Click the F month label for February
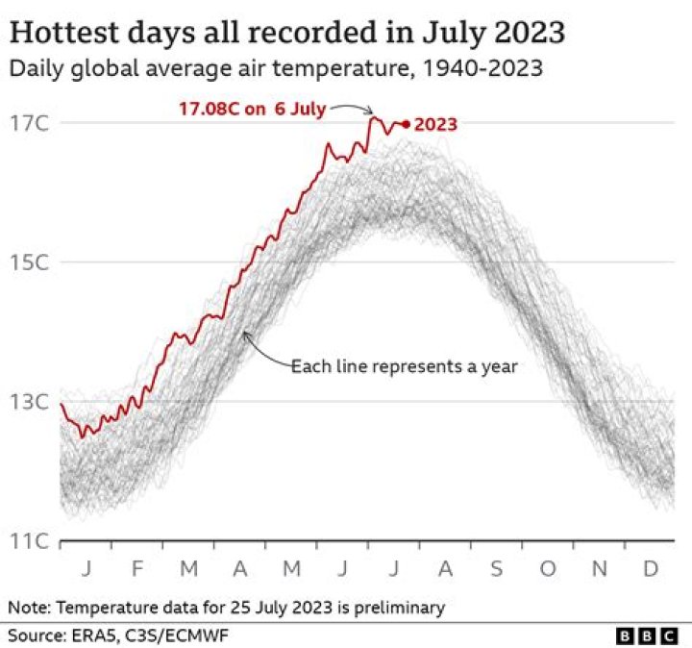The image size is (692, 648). (136, 569)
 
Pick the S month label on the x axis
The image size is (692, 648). (496, 569)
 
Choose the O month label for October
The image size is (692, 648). (548, 569)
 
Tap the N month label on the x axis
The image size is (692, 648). (599, 569)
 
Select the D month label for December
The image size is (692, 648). (650, 569)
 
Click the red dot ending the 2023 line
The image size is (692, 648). (406, 124)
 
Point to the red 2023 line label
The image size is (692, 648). (434, 124)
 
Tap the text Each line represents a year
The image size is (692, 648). (404, 366)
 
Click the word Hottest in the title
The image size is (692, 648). (62, 35)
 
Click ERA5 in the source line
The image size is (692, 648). (91, 636)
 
